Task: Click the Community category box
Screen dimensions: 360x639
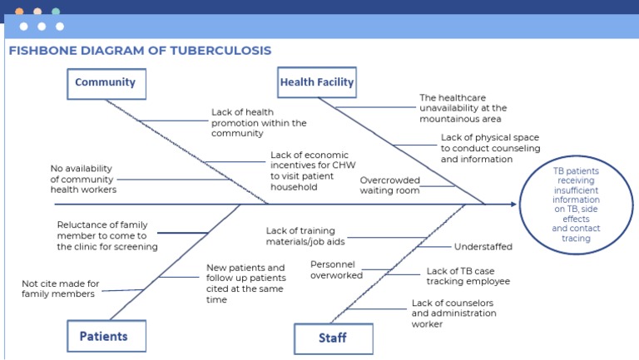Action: pyautogui.click(x=106, y=83)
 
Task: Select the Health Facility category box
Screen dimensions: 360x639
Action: pyautogui.click(x=317, y=83)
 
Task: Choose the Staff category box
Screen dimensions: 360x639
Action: pyautogui.click(x=333, y=338)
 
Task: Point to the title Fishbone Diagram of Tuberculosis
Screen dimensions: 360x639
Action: pyautogui.click(x=140, y=51)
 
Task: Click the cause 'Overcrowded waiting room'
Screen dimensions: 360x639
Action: pyautogui.click(x=389, y=185)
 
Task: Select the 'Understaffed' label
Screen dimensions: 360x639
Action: pyautogui.click(x=483, y=247)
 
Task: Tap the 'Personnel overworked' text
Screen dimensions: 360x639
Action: pyautogui.click(x=333, y=269)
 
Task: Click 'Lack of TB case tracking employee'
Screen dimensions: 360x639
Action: pyautogui.click(x=468, y=276)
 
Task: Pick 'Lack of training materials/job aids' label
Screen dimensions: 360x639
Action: pyautogui.click(x=305, y=236)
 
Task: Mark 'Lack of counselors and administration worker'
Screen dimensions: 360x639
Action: pyautogui.click(x=453, y=313)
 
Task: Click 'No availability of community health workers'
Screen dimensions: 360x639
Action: pyautogui.click(x=83, y=179)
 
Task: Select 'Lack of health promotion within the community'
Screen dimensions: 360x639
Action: pyautogui.click(x=259, y=122)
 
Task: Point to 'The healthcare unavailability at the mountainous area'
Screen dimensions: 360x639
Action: pyautogui.click(x=463, y=108)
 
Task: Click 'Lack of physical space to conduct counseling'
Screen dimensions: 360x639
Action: pyautogui.click(x=490, y=148)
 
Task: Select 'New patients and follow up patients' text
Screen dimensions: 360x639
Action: pyautogui.click(x=245, y=284)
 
